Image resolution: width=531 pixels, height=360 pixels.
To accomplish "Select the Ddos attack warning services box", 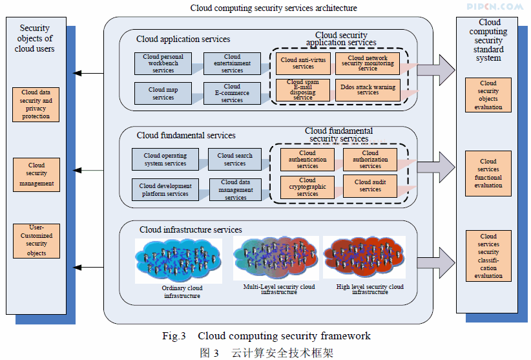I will pyautogui.click(x=368, y=89).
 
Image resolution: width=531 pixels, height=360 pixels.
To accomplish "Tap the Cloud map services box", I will pyautogui.click(x=163, y=93).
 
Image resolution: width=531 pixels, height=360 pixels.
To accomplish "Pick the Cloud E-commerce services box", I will pyautogui.click(x=232, y=93).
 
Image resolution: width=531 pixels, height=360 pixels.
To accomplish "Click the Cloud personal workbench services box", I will pyautogui.click(x=163, y=63).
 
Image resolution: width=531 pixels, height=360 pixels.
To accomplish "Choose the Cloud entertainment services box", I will pyautogui.click(x=232, y=63).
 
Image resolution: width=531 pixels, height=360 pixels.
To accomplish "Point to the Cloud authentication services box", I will pyautogui.click(x=307, y=160).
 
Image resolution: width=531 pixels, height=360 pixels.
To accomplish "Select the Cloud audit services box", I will pyautogui.click(x=370, y=185).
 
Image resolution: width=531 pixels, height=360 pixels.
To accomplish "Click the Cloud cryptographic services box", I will pyautogui.click(x=307, y=187).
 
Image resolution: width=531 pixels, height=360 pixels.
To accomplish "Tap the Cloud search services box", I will pyautogui.click(x=234, y=159).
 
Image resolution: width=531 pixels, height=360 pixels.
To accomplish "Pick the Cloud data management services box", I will pyautogui.click(x=235, y=190).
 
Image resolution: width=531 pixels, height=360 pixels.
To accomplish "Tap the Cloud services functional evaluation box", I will pyautogui.click(x=488, y=173).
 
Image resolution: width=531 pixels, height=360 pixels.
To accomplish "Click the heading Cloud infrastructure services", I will pyautogui.click(x=191, y=229).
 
